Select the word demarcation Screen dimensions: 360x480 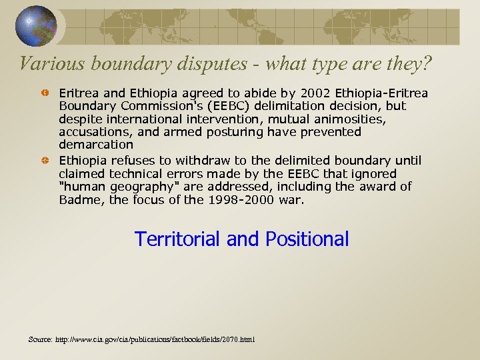[96, 145]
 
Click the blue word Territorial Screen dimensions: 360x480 [178, 239]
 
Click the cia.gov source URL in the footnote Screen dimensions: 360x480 [157, 340]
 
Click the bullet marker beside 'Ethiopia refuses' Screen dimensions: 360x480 [45, 161]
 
